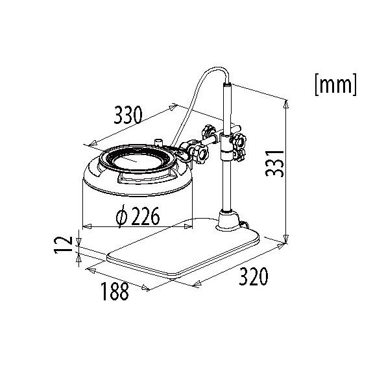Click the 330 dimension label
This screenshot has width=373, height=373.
click(128, 115)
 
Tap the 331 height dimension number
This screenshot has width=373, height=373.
click(275, 163)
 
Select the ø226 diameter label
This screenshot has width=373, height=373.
click(138, 216)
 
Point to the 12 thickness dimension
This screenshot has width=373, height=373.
click(64, 245)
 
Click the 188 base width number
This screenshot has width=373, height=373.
click(115, 291)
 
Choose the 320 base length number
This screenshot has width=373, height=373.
click(254, 276)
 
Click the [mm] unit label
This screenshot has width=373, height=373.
click(335, 85)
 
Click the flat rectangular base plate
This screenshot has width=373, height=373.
click(183, 248)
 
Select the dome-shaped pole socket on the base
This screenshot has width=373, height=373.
click(228, 221)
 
